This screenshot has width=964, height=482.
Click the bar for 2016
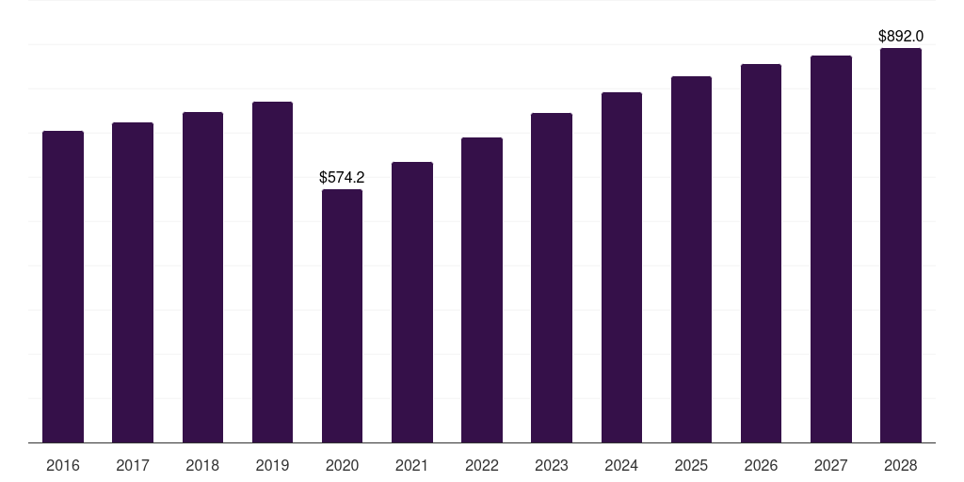[x=63, y=286]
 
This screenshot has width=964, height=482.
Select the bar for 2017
[x=133, y=282]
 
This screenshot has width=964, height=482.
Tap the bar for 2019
[x=272, y=272]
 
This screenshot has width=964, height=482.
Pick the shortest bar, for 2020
[x=342, y=316]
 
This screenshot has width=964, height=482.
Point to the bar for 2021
[x=412, y=302]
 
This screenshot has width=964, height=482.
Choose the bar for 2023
[x=552, y=278]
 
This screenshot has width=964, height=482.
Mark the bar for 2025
[x=691, y=260]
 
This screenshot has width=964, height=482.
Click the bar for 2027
[x=830, y=249]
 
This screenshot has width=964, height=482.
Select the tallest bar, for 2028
[x=901, y=246]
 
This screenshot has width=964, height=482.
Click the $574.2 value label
[x=342, y=178]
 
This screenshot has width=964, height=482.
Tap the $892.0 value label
[x=901, y=37]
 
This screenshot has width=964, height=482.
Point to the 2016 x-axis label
[x=63, y=465]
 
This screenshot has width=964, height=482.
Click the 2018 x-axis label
[x=202, y=465]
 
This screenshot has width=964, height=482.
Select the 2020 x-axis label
[x=342, y=465]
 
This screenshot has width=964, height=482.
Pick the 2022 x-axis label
[x=482, y=465]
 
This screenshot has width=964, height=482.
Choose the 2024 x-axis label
[x=621, y=465]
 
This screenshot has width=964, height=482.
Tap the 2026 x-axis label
[x=761, y=465]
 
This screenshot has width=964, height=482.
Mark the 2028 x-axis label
[x=901, y=465]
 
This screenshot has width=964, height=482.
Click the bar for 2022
[x=482, y=290]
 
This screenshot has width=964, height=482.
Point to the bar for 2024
[x=621, y=267]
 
